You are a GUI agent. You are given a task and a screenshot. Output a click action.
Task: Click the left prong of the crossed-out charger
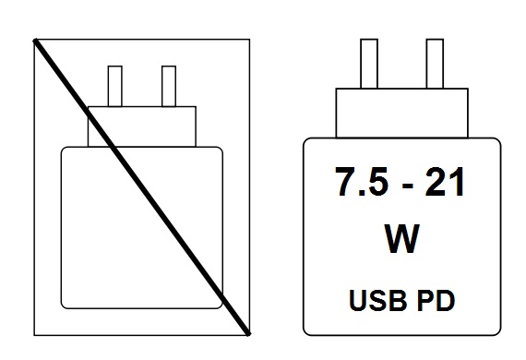[116, 85]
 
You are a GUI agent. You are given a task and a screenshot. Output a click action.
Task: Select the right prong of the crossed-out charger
[169, 85]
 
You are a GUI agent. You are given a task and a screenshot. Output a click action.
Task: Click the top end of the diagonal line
[36, 40]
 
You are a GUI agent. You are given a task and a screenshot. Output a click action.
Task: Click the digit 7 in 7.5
[342, 186]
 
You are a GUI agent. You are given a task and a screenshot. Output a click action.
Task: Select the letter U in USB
[360, 301]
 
